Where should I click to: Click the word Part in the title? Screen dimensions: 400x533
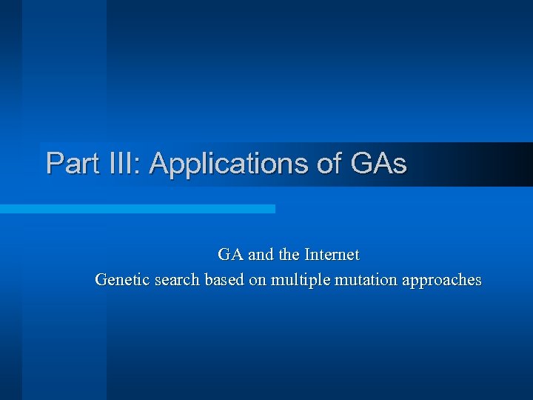[x=70, y=163]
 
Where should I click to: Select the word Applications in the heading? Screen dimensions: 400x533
[x=229, y=163]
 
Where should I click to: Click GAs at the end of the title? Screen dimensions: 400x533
[x=378, y=163]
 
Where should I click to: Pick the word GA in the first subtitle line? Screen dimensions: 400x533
[x=230, y=255]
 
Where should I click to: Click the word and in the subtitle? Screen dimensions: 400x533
[x=261, y=255]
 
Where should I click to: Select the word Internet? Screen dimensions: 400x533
[x=332, y=255]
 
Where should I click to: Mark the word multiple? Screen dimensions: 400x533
[x=301, y=280]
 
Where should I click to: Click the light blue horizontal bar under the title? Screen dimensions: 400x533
[x=137, y=209]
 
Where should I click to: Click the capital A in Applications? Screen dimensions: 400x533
[x=158, y=163]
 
